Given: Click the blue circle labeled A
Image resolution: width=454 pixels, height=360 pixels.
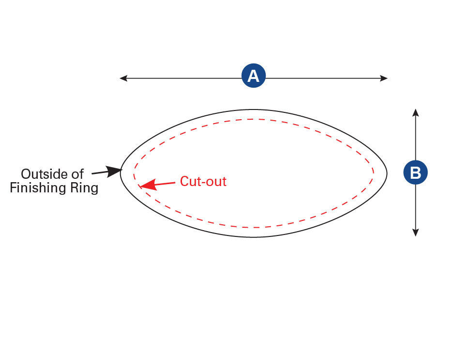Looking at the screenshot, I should click(x=254, y=77).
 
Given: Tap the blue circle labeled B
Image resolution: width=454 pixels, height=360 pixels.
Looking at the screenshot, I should click(x=415, y=173).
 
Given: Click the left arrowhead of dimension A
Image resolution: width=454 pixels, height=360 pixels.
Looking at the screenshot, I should click(x=123, y=78).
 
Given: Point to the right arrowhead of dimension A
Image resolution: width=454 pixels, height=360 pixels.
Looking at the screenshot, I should click(x=384, y=78).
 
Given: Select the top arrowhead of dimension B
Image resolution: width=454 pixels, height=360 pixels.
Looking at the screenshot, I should click(x=415, y=112).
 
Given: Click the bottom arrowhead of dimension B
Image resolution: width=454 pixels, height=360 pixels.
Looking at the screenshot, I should click(x=415, y=233).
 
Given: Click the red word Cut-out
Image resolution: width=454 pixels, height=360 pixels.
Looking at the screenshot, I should click(x=203, y=181).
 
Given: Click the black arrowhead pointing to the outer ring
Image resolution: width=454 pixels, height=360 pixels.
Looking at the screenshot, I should click(x=116, y=171).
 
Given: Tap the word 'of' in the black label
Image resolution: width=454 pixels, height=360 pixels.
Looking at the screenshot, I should click(x=78, y=174).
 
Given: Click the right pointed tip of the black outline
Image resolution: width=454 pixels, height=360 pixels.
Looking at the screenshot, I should click(x=387, y=173).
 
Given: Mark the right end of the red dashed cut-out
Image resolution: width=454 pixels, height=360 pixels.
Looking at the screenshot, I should click(x=374, y=172).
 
